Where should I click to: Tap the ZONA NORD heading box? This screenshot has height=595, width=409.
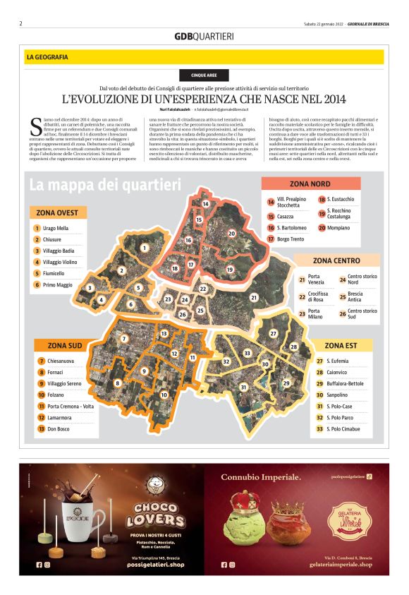tap(310, 184)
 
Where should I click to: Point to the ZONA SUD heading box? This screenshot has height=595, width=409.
tap(65, 345)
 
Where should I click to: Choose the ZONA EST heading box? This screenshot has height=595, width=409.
tap(341, 345)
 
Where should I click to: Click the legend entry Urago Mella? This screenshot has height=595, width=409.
tap(55, 229)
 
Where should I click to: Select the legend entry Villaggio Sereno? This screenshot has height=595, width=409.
tap(64, 383)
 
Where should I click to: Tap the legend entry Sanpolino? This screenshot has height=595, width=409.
tap(342, 395)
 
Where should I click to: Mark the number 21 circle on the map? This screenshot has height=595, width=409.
tap(253, 298)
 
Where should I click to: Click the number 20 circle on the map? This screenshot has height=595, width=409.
tap(231, 233)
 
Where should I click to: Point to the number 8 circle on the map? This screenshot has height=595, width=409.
tap(117, 383)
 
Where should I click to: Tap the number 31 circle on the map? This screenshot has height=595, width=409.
tap(243, 387)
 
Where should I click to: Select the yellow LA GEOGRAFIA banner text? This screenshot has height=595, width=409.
tap(47, 56)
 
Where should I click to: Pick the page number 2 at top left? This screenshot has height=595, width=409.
tap(21, 23)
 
